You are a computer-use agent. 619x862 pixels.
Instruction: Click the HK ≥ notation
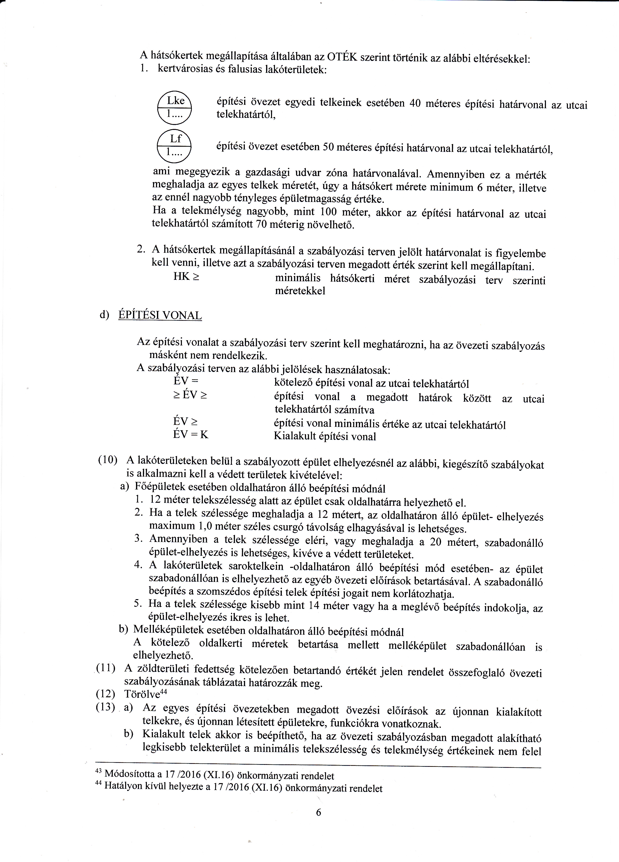click(x=186, y=276)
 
